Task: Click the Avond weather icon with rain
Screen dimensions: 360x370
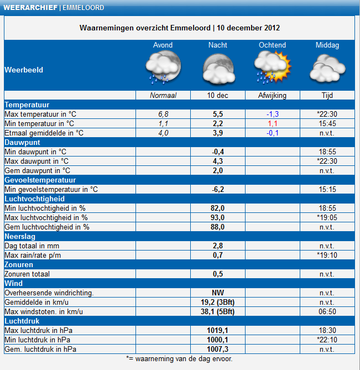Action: coord(163,68)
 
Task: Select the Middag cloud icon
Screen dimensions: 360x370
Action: coord(327,69)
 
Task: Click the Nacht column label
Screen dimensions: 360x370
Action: coord(218,45)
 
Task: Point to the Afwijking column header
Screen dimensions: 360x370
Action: coord(272,95)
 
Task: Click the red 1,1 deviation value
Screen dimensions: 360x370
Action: coord(273,123)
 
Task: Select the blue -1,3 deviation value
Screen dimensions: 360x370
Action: coord(273,114)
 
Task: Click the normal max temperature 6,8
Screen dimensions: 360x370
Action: coord(163,114)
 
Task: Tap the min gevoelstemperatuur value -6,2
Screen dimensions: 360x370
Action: coord(218,190)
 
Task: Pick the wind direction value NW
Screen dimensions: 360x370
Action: coord(218,293)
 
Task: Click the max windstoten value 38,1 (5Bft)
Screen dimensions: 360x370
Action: coord(218,312)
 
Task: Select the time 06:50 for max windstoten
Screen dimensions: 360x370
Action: coord(327,312)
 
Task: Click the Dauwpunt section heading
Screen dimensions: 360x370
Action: coord(23,143)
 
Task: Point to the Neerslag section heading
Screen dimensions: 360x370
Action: coord(20,237)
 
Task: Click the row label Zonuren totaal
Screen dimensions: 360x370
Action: coord(27,274)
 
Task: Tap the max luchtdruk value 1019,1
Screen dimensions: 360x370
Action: coord(217,330)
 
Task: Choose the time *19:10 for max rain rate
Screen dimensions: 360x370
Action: coord(327,256)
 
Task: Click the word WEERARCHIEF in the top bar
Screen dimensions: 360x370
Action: coord(30,8)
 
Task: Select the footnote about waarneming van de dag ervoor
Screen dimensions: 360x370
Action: coord(179,359)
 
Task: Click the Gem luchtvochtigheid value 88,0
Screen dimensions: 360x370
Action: coord(217,227)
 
